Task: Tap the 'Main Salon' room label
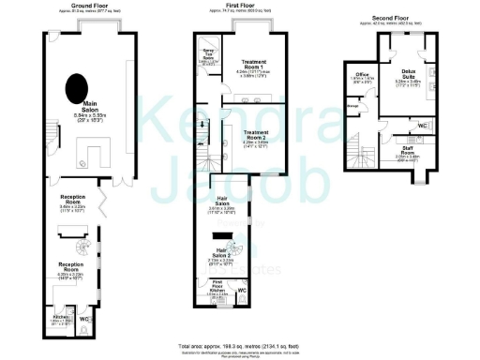click(92, 108)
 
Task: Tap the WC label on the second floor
click(423, 125)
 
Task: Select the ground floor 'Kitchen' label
click(62, 319)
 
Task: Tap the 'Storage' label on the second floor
click(353, 106)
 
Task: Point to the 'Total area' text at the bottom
click(240, 344)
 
